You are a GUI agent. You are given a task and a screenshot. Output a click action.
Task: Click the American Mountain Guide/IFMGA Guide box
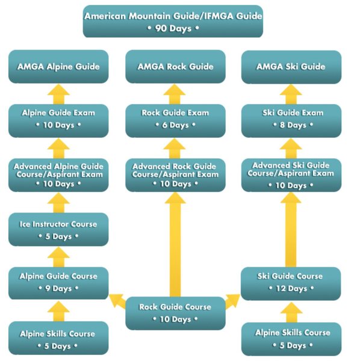173,21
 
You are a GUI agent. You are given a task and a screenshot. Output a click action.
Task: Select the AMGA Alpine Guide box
58,67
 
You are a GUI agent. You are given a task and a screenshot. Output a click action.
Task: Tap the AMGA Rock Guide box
175,67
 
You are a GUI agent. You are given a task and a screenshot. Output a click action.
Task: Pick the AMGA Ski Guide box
291,67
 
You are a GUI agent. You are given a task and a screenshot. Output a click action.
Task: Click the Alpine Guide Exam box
58,121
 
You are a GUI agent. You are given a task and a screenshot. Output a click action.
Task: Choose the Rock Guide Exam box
175,121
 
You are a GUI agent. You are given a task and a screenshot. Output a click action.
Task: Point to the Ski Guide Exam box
291,121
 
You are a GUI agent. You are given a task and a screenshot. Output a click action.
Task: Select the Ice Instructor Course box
58,229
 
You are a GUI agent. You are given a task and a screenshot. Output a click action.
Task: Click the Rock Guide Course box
175,313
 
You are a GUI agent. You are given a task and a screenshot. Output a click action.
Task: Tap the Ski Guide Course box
291,283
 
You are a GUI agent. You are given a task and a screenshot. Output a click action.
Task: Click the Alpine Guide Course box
58,283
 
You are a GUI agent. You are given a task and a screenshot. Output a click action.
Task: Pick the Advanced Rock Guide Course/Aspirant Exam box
175,175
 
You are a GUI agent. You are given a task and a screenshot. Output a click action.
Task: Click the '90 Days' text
173,28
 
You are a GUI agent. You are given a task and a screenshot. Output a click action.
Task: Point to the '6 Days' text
176,125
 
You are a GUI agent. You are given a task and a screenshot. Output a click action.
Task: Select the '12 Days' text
291,288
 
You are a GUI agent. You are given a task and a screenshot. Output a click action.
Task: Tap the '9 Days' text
58,288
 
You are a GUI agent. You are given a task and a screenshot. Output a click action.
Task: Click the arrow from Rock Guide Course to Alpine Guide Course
117,301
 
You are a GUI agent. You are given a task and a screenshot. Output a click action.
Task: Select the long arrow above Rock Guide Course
175,244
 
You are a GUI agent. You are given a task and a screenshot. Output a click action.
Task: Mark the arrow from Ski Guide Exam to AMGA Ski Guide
291,94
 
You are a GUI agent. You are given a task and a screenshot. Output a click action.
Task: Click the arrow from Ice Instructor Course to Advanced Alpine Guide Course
58,203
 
